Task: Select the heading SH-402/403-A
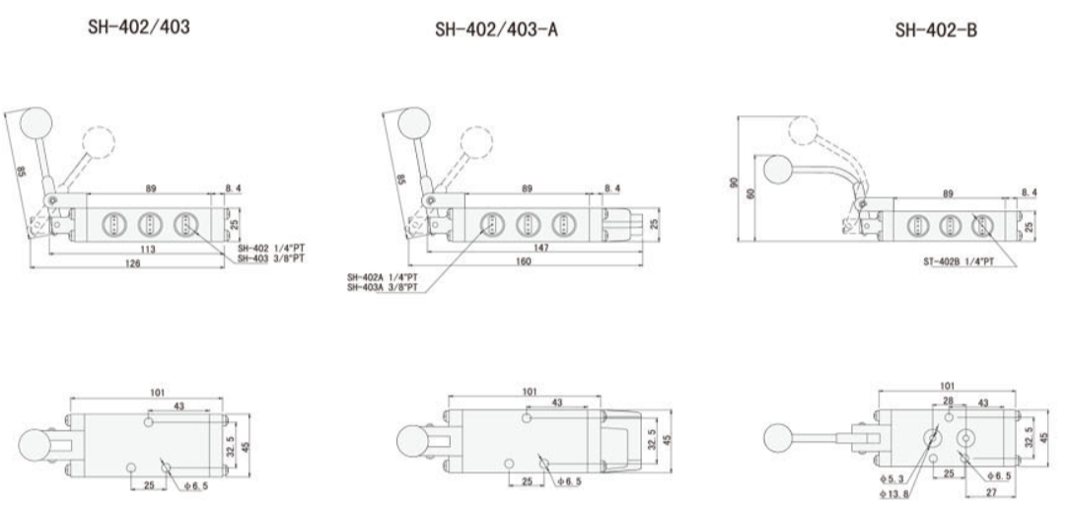click(496, 29)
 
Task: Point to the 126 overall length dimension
click(132, 263)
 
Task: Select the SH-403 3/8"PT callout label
click(269, 258)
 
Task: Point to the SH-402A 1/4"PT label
click(383, 278)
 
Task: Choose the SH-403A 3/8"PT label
click(383, 287)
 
